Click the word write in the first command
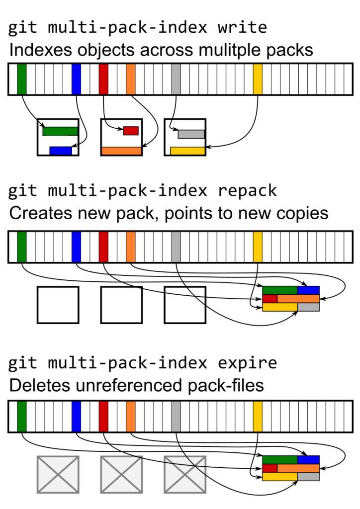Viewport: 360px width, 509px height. click(x=242, y=27)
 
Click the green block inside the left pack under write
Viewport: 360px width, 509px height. click(x=60, y=131)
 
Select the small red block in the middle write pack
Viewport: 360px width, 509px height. click(x=130, y=131)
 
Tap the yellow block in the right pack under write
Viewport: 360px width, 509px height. click(x=187, y=151)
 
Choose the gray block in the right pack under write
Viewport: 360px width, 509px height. click(x=191, y=134)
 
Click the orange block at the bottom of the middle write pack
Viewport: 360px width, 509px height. click(x=121, y=151)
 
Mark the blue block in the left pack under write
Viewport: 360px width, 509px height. click(x=61, y=150)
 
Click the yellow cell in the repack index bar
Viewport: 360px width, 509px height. click(x=258, y=247)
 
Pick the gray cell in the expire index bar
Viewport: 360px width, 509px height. click(x=176, y=417)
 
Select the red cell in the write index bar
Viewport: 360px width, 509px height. click(x=103, y=79)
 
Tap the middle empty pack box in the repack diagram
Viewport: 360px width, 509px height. click(x=121, y=305)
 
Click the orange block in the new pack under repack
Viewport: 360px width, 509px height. click(x=298, y=299)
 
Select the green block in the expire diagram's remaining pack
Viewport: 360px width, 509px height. click(x=280, y=460)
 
